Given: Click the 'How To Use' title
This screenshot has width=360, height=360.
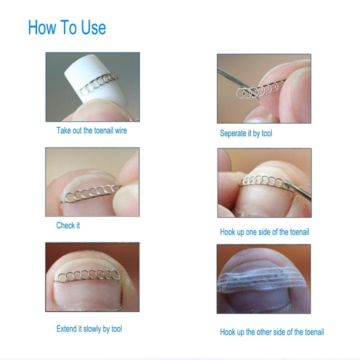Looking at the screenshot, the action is tap(67, 27).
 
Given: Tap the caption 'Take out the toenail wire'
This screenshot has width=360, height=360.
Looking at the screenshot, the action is tap(92, 131).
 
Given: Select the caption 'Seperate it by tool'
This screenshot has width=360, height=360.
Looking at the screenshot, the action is tap(246, 133).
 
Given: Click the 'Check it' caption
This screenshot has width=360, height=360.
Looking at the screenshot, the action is tap(68, 225).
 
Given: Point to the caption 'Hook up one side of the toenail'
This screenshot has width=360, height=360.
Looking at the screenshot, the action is tap(264, 232).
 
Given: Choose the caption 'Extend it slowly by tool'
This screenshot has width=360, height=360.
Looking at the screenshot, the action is tap(89, 329).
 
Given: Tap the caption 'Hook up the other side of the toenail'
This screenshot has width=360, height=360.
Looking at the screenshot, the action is tap(272, 332).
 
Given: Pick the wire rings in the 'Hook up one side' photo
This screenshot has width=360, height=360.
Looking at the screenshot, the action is tap(264, 182).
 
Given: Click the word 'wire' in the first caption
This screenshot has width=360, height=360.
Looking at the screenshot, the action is tap(121, 131).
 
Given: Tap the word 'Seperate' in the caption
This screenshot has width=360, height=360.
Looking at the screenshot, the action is tap(233, 133).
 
